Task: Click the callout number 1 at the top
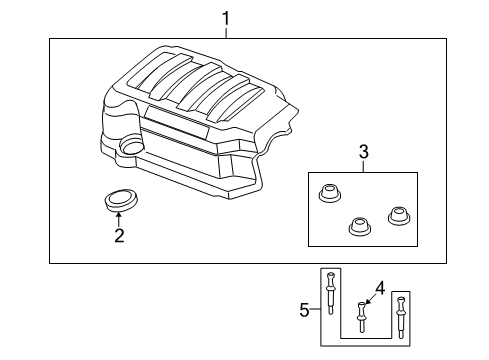(226, 18)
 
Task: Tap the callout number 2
(118, 236)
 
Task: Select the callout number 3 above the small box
(365, 152)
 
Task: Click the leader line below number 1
(226, 32)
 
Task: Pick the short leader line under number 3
(365, 166)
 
